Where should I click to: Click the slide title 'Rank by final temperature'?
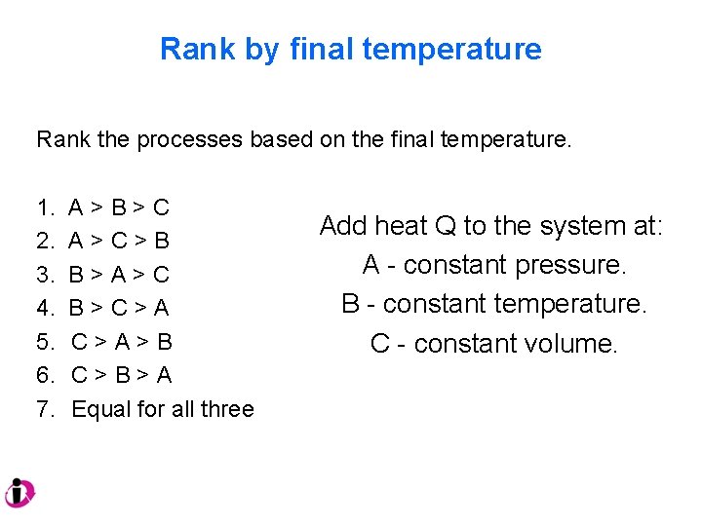coord(350,49)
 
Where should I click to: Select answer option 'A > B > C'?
coord(119,207)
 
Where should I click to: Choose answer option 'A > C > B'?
coord(119,241)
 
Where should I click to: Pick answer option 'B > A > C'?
coord(119,275)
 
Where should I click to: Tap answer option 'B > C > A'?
coord(119,308)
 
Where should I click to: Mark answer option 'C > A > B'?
coord(121,342)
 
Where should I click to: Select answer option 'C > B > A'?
coord(121,375)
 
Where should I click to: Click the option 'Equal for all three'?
coord(162,409)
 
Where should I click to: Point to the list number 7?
coord(45,409)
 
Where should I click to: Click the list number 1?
coord(45,207)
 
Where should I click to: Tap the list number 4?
coord(45,308)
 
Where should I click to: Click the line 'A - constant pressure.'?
coord(493,265)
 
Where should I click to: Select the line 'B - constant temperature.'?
coord(493,304)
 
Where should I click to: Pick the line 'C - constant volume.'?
coord(493,344)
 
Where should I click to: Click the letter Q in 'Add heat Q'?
coord(445,226)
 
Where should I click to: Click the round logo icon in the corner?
coord(19,494)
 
